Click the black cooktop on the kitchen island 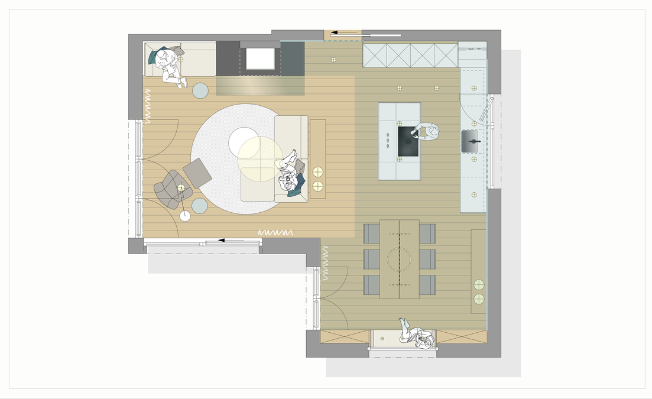pos(408,142)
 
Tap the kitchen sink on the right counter pos(470,142)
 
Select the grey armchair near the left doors pos(168,188)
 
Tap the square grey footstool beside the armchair pos(197,173)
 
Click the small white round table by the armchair pos(186,216)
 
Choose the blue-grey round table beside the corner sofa pos(200,90)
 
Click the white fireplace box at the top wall pos(260,59)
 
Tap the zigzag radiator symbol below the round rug pos(275,233)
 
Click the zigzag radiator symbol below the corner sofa pos(148,106)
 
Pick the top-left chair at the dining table pos(371,233)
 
